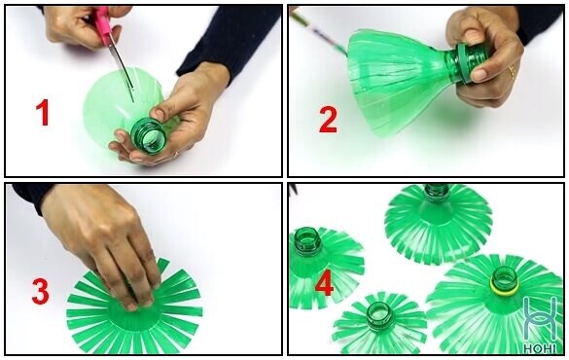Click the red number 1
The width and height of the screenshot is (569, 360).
pyautogui.click(x=43, y=113)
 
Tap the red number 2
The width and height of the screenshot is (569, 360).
pyautogui.click(x=328, y=120)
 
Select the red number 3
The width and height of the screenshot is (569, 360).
pyautogui.click(x=40, y=291)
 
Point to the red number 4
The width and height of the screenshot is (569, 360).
pyautogui.click(x=324, y=284)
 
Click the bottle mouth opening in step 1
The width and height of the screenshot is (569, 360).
pyautogui.click(x=150, y=136)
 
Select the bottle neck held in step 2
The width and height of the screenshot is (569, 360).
pyautogui.click(x=463, y=63)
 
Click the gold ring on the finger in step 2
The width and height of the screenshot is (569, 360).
pyautogui.click(x=513, y=72)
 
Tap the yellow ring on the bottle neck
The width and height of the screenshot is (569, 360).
pyautogui.click(x=505, y=286)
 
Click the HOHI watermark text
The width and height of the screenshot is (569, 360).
pyautogui.click(x=540, y=348)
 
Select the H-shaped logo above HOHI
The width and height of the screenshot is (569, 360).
pyautogui.click(x=540, y=319)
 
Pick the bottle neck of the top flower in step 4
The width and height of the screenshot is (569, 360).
pyautogui.click(x=437, y=193)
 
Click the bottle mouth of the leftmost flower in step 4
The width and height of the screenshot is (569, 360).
pyautogui.click(x=307, y=238)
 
